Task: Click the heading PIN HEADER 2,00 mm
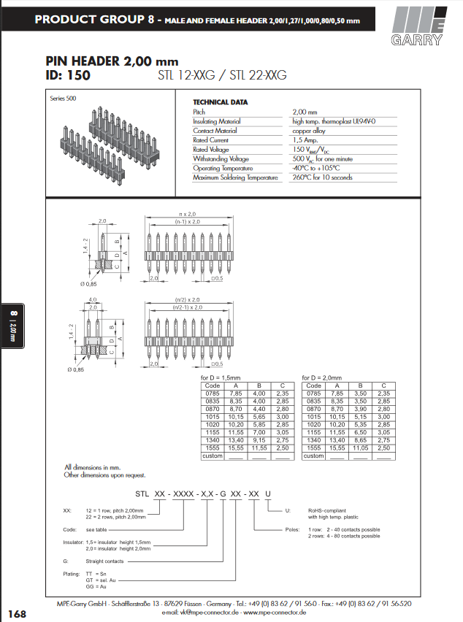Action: (112, 61)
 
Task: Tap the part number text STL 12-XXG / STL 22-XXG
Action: (222, 75)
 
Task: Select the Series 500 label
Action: (63, 98)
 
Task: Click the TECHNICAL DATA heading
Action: (220, 102)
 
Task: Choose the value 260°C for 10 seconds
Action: (322, 177)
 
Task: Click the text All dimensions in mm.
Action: (92, 466)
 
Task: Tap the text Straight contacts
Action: (104, 561)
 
